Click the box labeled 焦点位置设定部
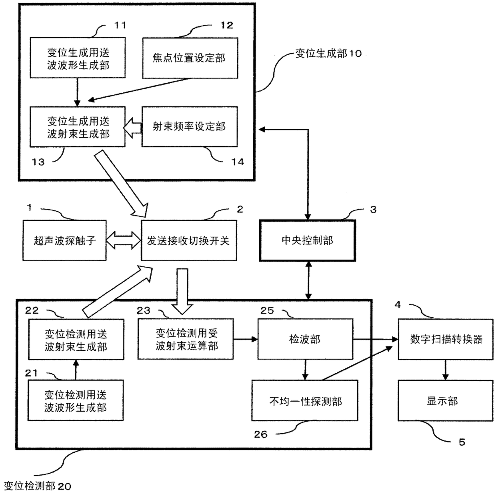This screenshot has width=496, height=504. point(190,58)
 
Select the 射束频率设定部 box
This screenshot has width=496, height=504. point(190,126)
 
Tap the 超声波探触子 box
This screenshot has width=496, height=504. point(65,240)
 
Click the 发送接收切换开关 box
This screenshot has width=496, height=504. point(188,240)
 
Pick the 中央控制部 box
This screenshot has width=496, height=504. point(307,240)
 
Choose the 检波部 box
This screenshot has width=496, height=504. point(305,339)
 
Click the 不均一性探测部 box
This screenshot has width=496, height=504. point(305,401)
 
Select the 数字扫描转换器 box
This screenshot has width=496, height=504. point(446,339)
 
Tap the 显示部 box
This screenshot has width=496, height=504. point(442,401)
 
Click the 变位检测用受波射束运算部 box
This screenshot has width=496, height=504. point(186,339)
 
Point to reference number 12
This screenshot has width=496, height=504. point(226,25)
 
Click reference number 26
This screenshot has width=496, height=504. point(261,434)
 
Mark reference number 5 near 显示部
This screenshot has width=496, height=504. point(462,442)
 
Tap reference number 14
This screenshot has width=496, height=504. point(238,162)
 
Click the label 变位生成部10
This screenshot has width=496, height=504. point(328,53)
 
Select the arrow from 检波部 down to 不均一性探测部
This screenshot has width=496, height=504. point(305,370)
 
